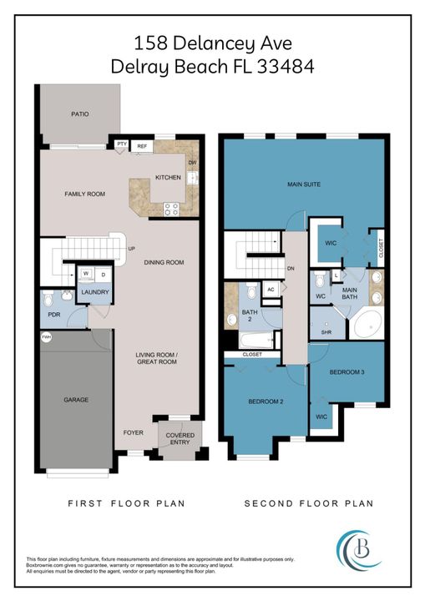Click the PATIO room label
pos(79,114)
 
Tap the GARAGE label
pos(76,400)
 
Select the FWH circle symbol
pos(46,337)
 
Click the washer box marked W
pos(86,273)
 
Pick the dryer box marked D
pos(103,273)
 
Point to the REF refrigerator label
pos(142,146)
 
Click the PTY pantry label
pos(122,145)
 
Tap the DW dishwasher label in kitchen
pos(192,163)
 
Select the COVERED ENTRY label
pos(180,439)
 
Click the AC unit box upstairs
pos(270,290)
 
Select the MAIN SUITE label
pos(303,184)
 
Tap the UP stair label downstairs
pos(131,249)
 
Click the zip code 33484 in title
pos(279,67)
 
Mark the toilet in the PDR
pos(49,297)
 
